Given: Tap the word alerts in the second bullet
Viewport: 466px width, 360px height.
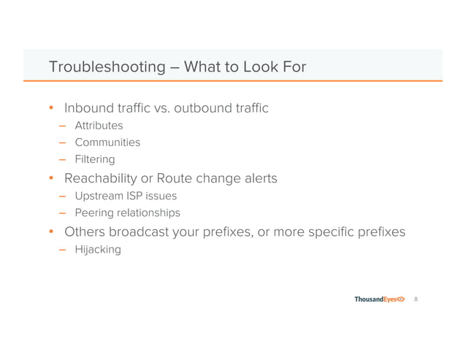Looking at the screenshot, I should pyautogui.click(x=256, y=178).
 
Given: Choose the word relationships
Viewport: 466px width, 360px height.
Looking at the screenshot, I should pyautogui.click(x=149, y=213).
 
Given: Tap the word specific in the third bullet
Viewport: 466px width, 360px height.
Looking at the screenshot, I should pyautogui.click(x=337, y=233).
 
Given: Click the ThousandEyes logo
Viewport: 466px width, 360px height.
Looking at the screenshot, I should pyautogui.click(x=380, y=300).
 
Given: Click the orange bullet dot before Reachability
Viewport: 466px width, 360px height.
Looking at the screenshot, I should pyautogui.click(x=51, y=178).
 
